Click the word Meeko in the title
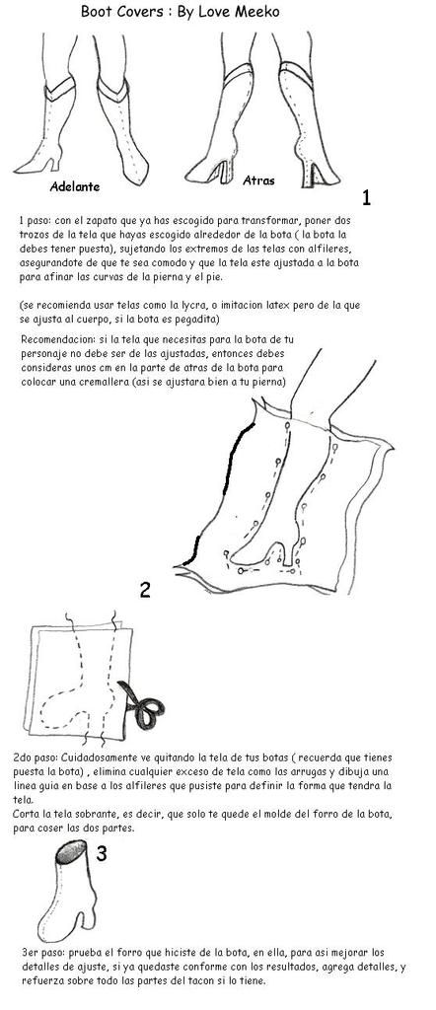coord(260,11)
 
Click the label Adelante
coord(75,186)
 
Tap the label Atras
coord(258,181)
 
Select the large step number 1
coord(366,197)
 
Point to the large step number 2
coord(145,590)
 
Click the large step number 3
coord(102,854)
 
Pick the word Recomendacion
coord(49,339)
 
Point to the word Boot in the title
coord(94,11)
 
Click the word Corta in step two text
coord(24,815)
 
